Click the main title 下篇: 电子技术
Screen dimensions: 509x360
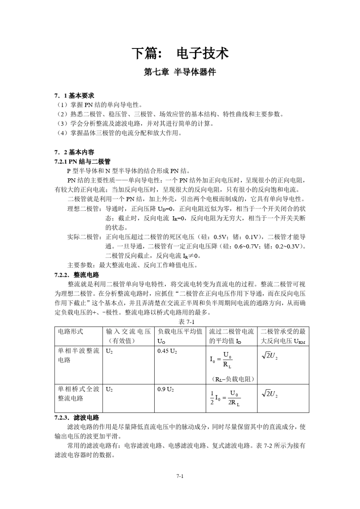[x=180, y=53]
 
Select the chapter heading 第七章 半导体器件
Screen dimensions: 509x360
[x=180, y=72]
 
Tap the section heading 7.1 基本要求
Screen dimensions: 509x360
[x=74, y=95]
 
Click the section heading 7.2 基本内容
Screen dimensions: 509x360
[x=74, y=152]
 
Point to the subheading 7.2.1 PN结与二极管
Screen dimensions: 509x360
[x=83, y=162]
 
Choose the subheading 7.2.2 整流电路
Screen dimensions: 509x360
[x=77, y=275]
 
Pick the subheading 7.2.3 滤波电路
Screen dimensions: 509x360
[x=77, y=417]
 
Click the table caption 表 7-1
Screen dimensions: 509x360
[x=186, y=322]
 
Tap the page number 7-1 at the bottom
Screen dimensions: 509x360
[x=180, y=476]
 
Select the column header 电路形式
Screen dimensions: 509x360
[x=70, y=332]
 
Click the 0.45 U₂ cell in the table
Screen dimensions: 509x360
[x=167, y=351]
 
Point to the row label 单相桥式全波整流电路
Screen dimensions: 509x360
[x=78, y=394]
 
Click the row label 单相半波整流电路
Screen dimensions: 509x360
[x=78, y=355]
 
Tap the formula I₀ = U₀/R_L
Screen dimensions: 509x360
[x=221, y=360]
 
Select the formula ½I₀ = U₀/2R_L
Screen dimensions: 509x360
[x=225, y=398]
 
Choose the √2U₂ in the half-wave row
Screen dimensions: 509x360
[x=270, y=356]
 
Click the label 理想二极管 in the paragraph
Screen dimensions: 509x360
[x=83, y=209]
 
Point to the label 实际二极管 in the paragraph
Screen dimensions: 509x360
[x=83, y=237]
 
